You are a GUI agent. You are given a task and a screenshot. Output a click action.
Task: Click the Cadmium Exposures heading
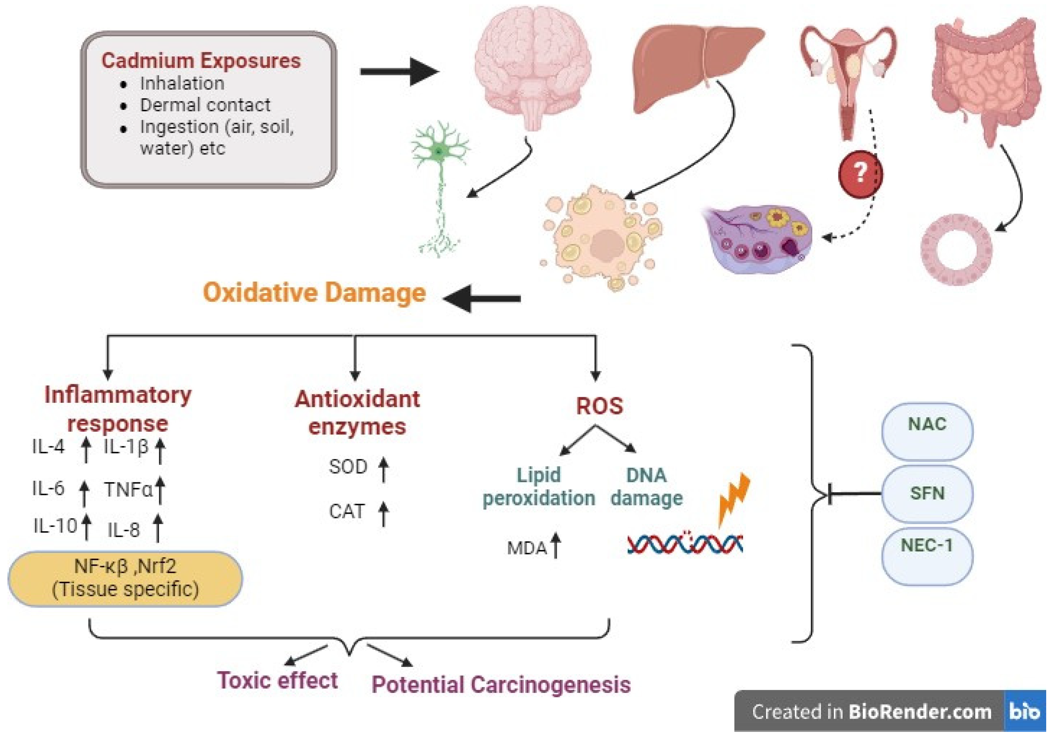[x=201, y=61]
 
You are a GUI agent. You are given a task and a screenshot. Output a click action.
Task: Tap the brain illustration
[x=532, y=64]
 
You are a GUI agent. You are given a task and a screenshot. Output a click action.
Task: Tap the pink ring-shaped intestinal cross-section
[x=956, y=250]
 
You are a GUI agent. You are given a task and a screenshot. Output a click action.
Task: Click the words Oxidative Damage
[x=314, y=293]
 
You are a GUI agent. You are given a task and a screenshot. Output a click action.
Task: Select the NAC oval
[x=927, y=431]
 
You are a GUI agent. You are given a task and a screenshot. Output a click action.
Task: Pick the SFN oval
[x=927, y=493]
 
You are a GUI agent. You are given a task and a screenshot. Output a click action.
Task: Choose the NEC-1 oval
[x=927, y=555]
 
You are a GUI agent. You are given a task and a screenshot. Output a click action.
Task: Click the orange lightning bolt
[x=734, y=498]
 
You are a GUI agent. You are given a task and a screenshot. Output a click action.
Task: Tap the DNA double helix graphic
[x=685, y=544]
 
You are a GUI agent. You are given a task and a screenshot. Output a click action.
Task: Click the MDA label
[x=526, y=548]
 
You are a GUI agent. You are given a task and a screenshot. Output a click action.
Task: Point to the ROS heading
[x=599, y=406]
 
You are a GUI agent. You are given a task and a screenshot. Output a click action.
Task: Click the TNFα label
[x=128, y=489]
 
